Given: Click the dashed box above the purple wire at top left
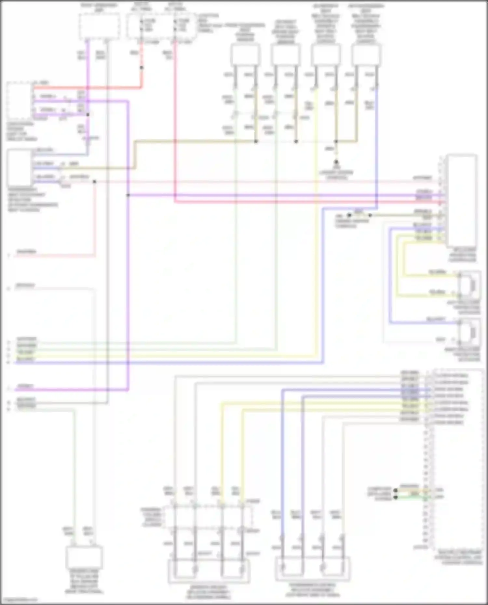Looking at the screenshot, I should pos(99,26).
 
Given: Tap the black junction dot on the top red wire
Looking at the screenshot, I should pos(142,68).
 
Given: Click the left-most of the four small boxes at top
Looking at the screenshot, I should pos(245,54).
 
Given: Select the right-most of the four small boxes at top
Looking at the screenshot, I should pos(366,54).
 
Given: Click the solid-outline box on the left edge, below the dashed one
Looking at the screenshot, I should pos(20,167).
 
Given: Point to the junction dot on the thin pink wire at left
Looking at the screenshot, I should pos(94,181).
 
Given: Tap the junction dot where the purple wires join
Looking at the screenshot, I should pos(128,195).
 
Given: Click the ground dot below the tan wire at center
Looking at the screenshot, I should pos(336,162).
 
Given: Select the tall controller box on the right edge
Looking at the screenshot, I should pos(462,201).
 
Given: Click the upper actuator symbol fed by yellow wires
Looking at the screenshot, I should pos(469,285).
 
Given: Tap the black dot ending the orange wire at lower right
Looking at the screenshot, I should pos(396,490).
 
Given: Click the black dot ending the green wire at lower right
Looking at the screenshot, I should pos(396,497).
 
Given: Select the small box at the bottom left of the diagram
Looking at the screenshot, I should pos(84,557).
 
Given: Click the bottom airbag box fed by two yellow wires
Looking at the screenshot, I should pos(209,571).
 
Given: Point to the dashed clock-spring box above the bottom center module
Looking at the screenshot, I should pos(208,517).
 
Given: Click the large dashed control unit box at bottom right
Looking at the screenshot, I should pos(457,458).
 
